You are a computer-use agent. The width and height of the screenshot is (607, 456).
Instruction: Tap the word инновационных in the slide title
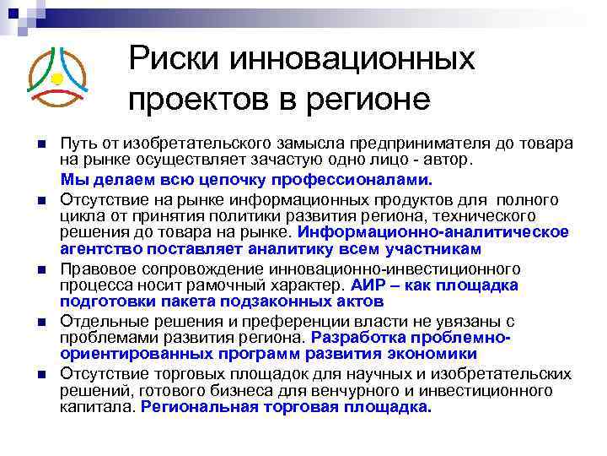coord(346,60)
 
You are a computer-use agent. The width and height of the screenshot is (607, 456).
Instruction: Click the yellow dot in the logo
coord(56,79)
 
